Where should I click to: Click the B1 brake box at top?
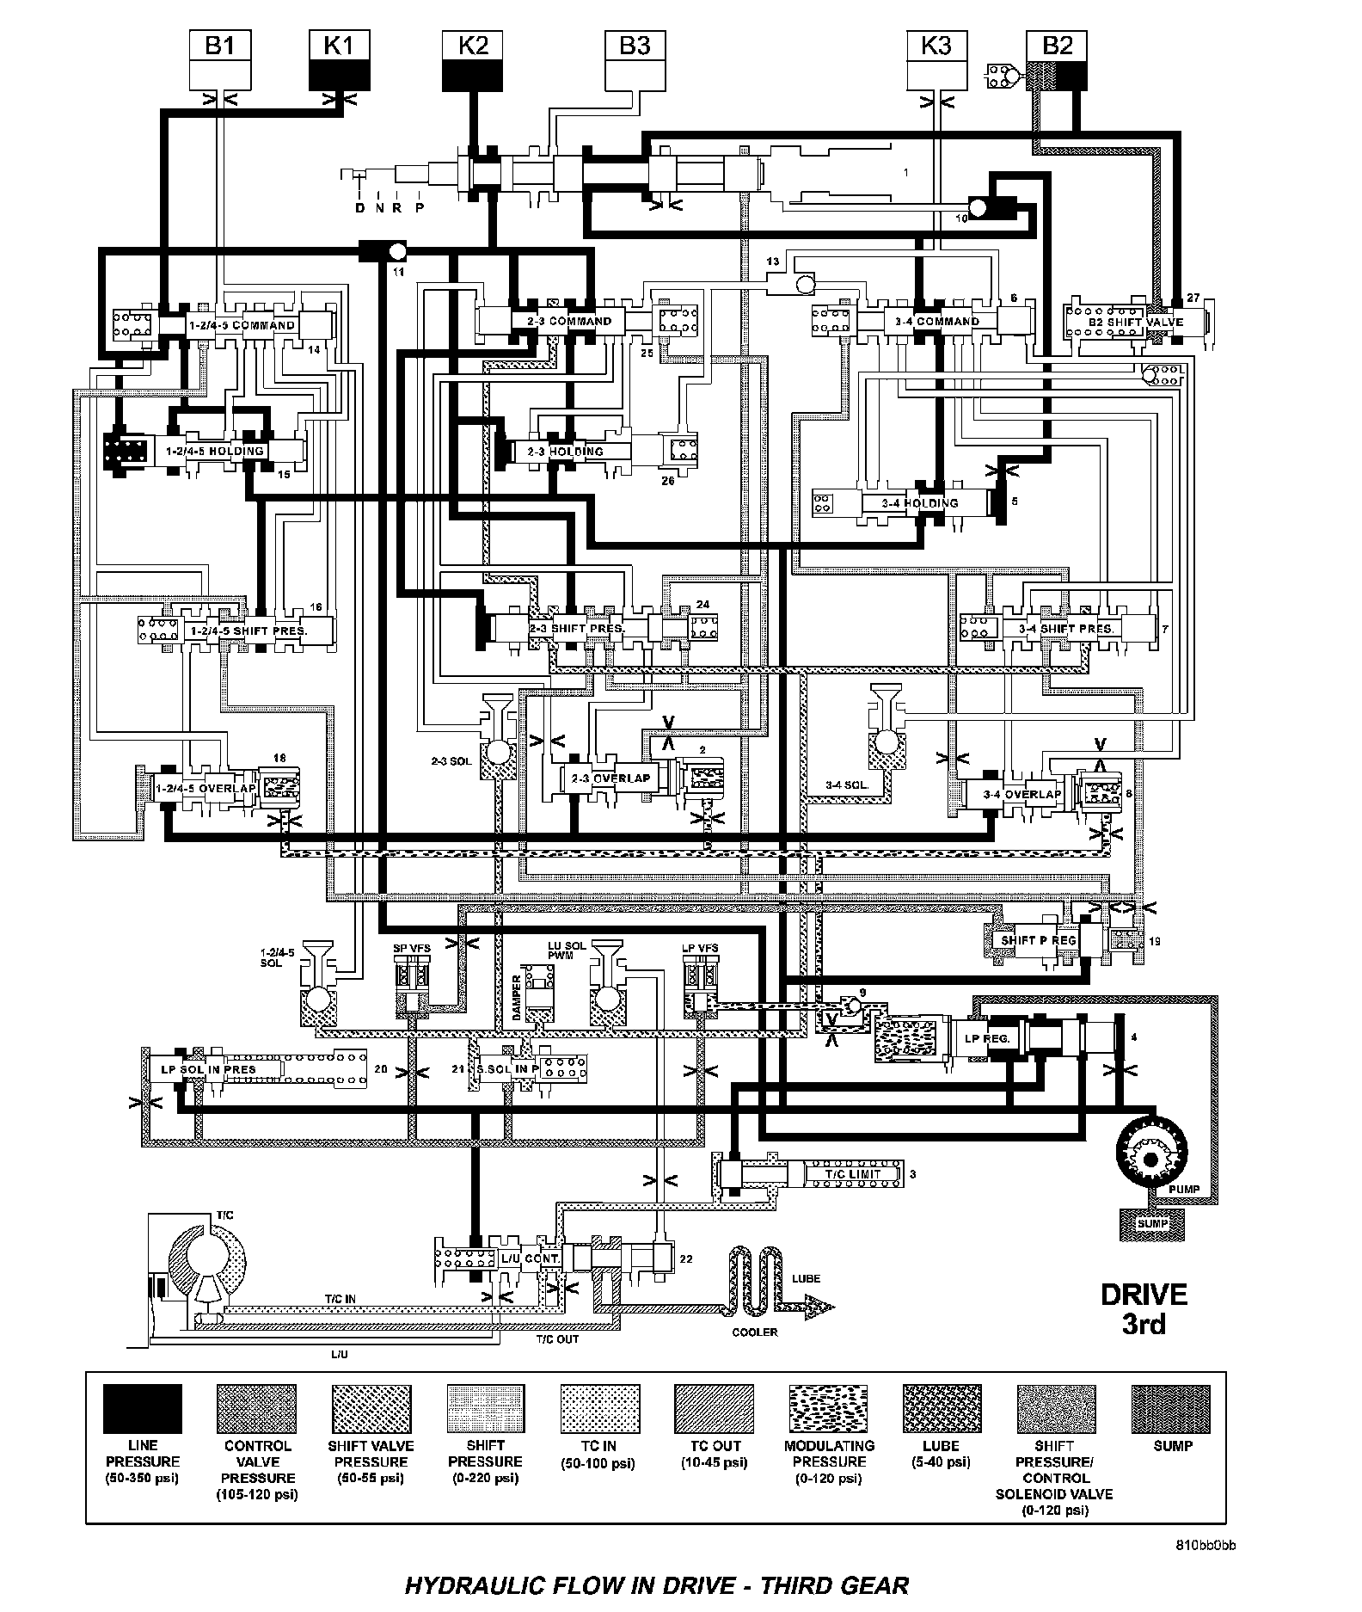[x=220, y=59]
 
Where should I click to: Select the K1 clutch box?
[x=339, y=59]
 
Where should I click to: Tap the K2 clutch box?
[x=473, y=59]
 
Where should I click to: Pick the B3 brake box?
[x=635, y=59]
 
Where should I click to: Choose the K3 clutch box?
[x=936, y=59]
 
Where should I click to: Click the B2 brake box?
[x=1058, y=59]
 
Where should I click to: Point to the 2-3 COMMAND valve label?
[x=569, y=321]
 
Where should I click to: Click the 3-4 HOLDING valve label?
[x=920, y=503]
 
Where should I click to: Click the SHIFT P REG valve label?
[x=1039, y=940]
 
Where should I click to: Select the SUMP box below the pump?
[x=1151, y=1223]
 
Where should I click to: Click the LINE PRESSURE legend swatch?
[x=143, y=1408]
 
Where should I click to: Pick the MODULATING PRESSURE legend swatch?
[x=829, y=1408]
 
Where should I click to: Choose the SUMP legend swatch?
[x=1172, y=1408]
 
